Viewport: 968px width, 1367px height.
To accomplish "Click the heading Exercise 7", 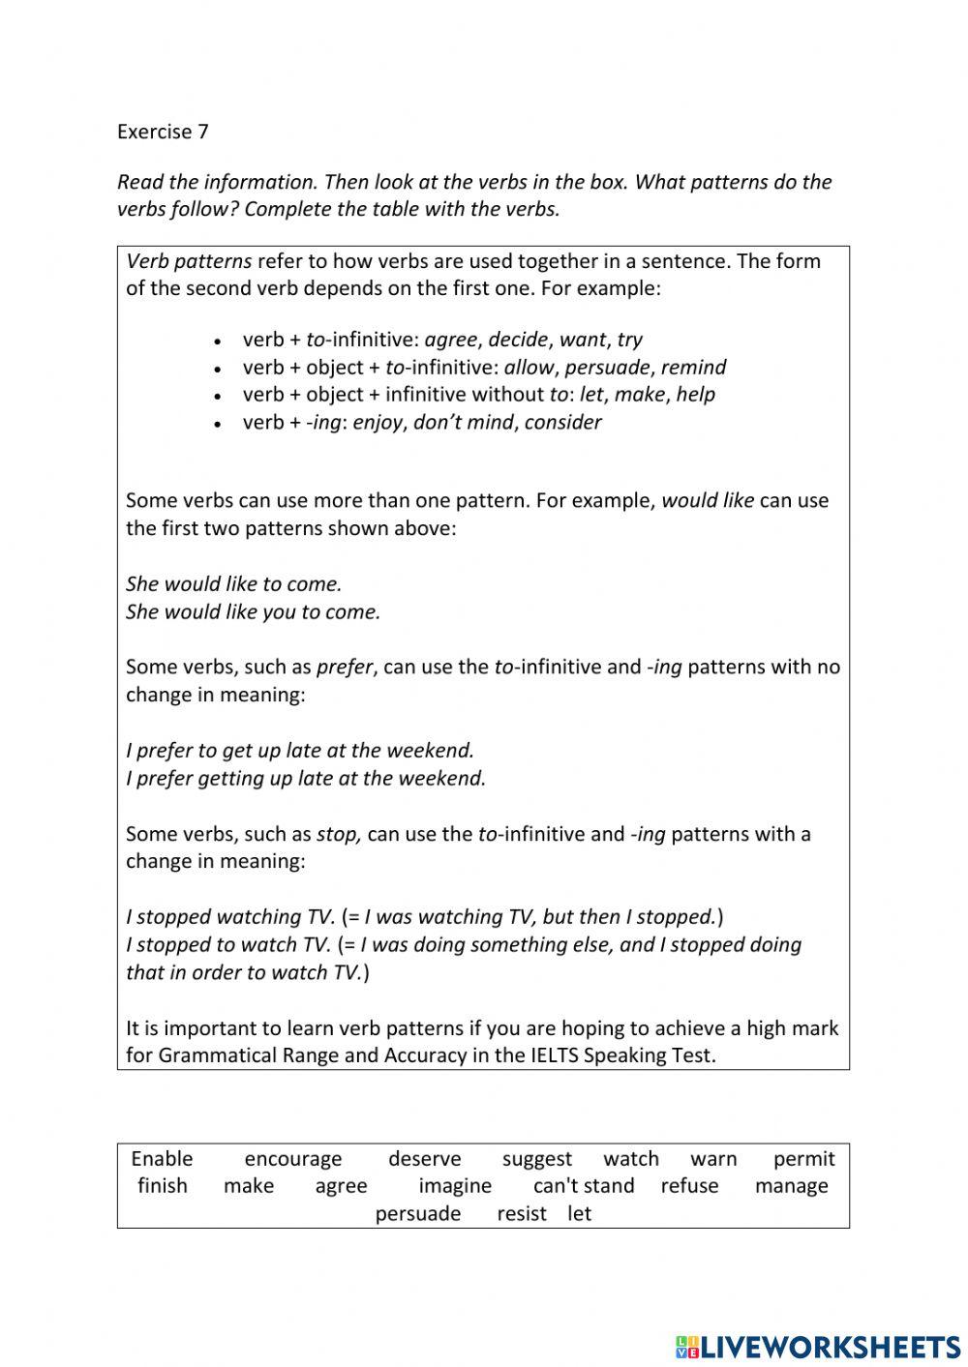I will (x=163, y=132).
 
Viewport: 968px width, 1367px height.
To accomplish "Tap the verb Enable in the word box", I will (x=162, y=1159).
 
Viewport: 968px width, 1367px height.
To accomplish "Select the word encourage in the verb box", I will (x=293, y=1159).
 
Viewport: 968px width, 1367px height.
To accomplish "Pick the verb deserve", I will (x=425, y=1159).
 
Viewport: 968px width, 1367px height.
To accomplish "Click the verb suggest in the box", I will (x=537, y=1159).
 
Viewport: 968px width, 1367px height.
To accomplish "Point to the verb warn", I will (x=713, y=1159).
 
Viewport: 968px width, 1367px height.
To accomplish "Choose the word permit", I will (x=803, y=1159).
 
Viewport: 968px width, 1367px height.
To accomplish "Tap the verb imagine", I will (x=455, y=1186).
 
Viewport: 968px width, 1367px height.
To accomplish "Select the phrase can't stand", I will (x=584, y=1186).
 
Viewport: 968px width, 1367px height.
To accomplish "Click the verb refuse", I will (x=689, y=1186).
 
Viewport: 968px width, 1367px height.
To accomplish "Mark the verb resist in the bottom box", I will (x=522, y=1214).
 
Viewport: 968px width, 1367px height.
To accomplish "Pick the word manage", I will (x=791, y=1186).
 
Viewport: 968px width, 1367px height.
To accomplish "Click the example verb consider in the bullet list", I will (x=562, y=422).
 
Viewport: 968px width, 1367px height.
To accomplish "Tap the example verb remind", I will (x=693, y=367).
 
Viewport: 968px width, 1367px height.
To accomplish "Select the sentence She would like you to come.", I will (x=254, y=611).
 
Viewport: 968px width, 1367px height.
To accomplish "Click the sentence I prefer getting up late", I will (x=306, y=778).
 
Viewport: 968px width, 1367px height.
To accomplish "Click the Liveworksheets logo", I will (x=818, y=1346).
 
